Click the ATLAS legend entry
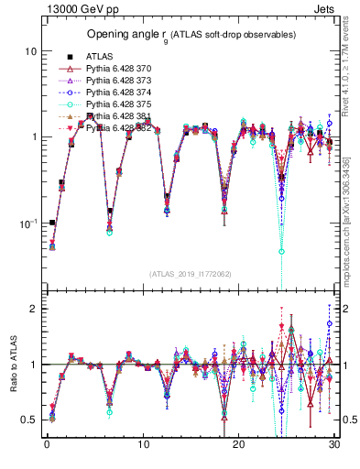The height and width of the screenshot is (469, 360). pos(98,56)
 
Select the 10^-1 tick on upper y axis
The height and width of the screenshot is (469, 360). pos(28,223)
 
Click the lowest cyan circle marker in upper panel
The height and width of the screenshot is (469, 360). pos(282,251)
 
